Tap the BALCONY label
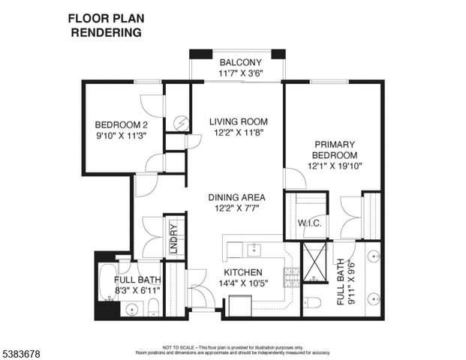tap(240, 62)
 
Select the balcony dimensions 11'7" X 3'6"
tap(240, 73)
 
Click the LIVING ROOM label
tap(238, 121)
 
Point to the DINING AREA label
tap(238, 198)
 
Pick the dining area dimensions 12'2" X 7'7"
tap(238, 209)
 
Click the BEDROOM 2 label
tap(119, 125)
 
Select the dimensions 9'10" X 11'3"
tap(119, 136)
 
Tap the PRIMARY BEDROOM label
tap(335, 149)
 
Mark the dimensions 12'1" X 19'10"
tap(335, 166)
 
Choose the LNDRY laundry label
tap(173, 238)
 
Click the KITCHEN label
tap(242, 272)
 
